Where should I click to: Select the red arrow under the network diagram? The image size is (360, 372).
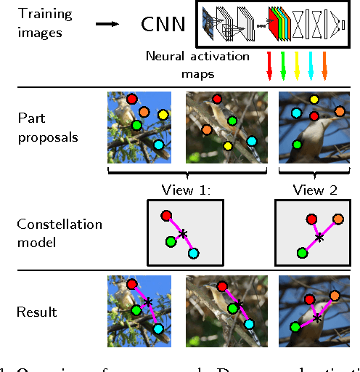270,64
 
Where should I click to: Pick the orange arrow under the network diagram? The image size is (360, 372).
324,64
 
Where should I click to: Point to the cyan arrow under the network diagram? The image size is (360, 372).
311,64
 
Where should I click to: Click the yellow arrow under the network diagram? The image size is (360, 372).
297,64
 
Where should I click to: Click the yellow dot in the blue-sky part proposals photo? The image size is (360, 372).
163,115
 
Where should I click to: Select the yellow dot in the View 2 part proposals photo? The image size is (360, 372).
314,100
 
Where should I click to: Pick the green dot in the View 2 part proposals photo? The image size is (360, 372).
297,145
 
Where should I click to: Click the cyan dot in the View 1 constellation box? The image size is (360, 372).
193,252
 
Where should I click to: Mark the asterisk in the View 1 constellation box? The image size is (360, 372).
183,233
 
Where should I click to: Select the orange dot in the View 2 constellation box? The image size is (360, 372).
337,219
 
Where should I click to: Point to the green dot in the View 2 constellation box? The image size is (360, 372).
300,252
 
